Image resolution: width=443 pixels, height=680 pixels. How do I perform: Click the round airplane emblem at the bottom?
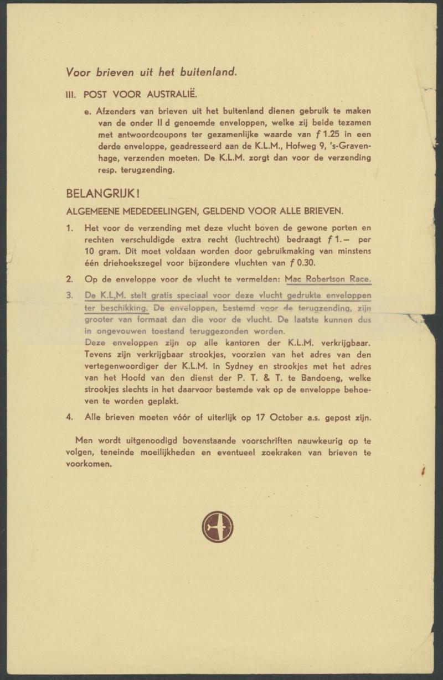pyautogui.click(x=218, y=526)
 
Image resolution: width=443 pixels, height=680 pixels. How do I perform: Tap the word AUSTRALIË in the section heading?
pyautogui.click(x=165, y=94)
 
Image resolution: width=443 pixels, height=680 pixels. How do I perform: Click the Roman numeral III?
pyautogui.click(x=71, y=94)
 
